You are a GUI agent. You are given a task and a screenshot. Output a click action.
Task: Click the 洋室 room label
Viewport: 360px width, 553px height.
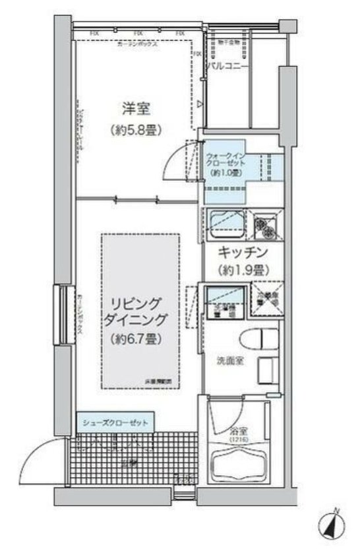click(x=134, y=108)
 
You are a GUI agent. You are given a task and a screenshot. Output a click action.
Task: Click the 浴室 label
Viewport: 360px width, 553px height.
click(x=237, y=428)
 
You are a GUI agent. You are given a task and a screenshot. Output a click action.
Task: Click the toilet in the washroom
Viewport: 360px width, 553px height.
click(x=261, y=338)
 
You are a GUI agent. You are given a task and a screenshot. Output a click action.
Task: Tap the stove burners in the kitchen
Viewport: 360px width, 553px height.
click(x=267, y=226)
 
